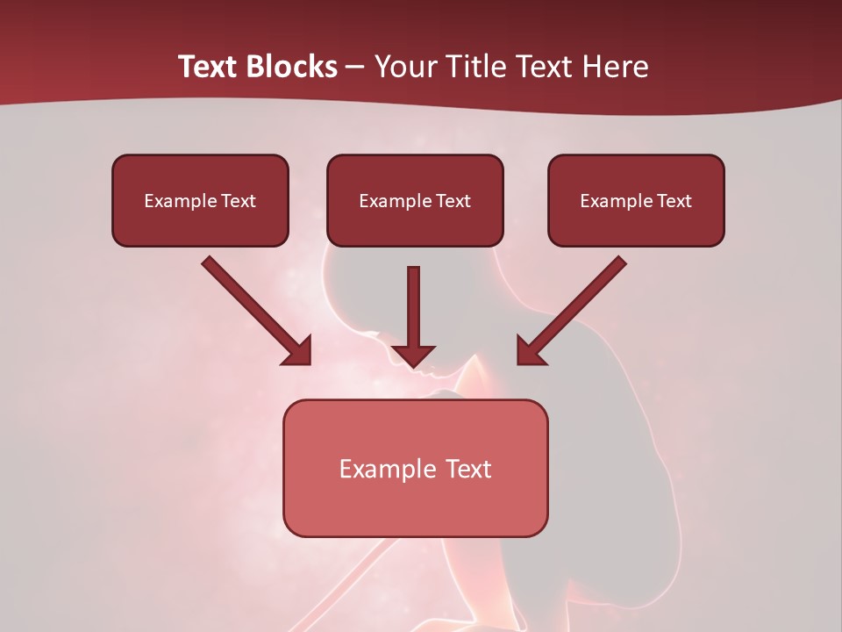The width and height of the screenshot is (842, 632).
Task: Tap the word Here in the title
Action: [615, 67]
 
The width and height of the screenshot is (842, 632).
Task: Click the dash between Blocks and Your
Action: [355, 67]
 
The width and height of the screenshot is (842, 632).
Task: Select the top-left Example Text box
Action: [200, 201]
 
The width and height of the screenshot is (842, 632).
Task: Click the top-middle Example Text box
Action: [415, 201]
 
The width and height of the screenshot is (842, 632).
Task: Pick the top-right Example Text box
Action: [636, 201]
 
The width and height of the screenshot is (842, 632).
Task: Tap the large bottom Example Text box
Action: [415, 468]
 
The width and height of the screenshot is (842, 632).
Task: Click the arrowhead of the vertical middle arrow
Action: [413, 355]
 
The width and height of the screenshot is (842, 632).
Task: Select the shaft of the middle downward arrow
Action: [413, 303]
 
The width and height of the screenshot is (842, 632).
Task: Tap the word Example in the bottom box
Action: [387, 469]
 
